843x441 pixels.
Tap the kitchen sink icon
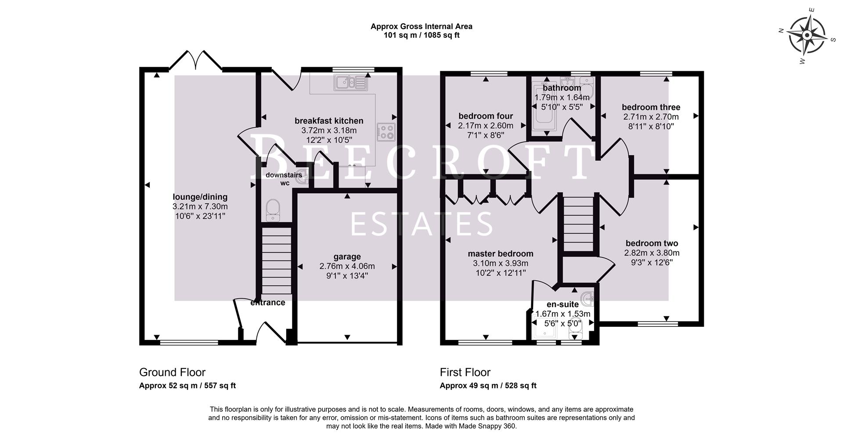(x=349, y=82)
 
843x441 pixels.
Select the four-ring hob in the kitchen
(x=386, y=132)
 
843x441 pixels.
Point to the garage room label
(x=347, y=257)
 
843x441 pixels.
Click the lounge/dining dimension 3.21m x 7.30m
(x=200, y=206)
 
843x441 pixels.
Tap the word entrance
(x=268, y=303)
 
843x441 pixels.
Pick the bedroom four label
(x=486, y=116)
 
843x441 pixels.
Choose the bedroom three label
(x=651, y=107)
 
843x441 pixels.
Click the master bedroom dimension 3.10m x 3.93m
(x=500, y=263)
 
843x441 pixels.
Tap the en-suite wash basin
(x=587, y=299)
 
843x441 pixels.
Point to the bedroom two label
(x=652, y=243)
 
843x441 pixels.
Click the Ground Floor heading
(x=172, y=372)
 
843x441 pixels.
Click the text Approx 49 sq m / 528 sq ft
(x=488, y=386)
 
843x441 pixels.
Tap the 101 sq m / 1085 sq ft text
(x=421, y=35)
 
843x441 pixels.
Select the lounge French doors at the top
(x=196, y=61)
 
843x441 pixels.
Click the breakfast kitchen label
(x=328, y=121)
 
